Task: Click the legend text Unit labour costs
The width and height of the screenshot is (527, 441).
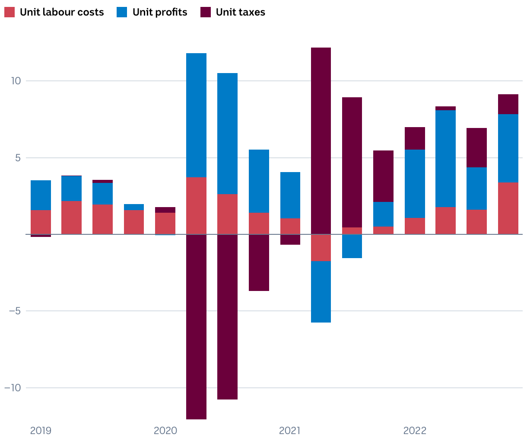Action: point(62,12)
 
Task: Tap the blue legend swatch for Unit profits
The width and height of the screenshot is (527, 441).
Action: point(122,12)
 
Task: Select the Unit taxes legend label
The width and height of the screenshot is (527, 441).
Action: point(240,12)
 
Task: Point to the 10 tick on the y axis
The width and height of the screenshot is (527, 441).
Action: point(16,81)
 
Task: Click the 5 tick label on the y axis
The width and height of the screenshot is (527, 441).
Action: point(18,158)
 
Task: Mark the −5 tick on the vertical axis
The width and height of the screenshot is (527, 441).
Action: point(16,311)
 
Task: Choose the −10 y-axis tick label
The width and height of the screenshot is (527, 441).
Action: point(13,388)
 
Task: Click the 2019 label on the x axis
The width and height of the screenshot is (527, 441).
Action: point(41,431)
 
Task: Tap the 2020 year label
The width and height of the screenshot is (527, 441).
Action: point(165,431)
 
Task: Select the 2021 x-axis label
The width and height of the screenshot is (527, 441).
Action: point(290,431)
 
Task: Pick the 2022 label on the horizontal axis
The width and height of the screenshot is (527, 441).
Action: point(415,431)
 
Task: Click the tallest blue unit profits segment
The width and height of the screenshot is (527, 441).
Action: point(196,115)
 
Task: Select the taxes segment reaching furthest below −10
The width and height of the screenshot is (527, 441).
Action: point(196,327)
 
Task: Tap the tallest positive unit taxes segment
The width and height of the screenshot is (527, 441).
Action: point(321,141)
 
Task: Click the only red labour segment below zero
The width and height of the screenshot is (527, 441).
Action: point(321,248)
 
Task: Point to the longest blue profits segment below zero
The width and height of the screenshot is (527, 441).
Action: point(321,292)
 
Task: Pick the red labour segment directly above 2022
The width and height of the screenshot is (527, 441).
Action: point(415,226)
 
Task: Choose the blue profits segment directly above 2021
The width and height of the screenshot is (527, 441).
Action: point(290,195)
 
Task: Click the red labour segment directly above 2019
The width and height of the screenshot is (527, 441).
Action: point(41,222)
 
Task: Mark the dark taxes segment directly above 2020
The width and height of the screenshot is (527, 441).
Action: point(165,210)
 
